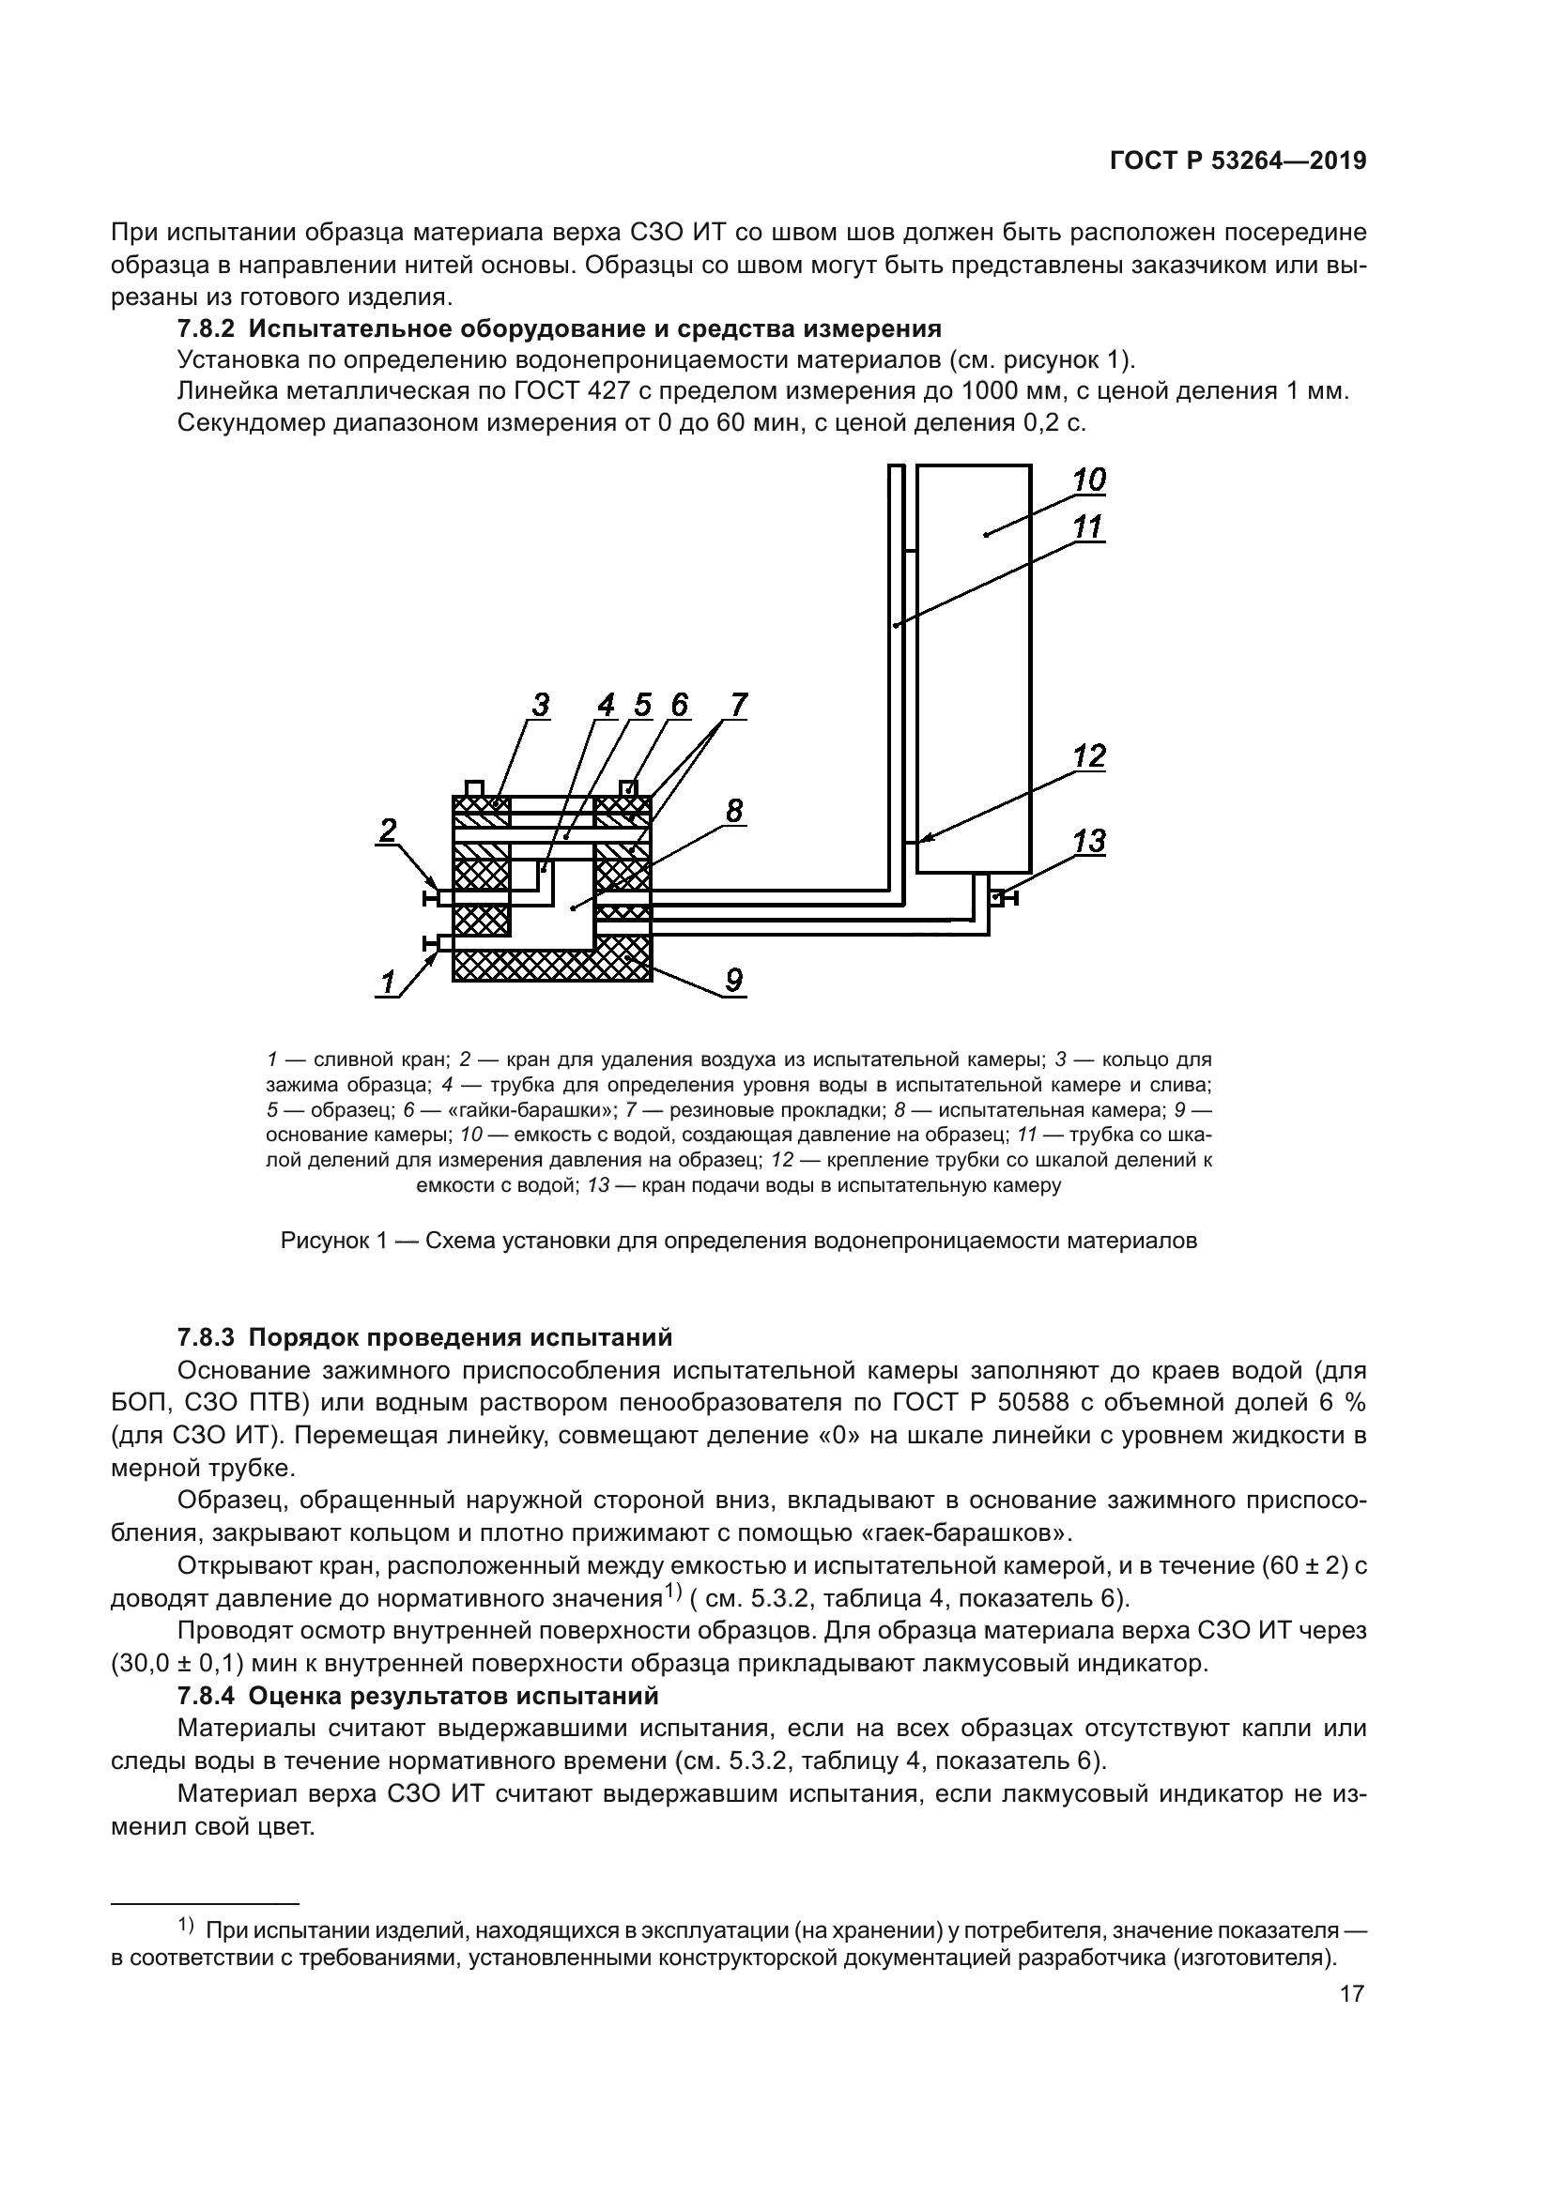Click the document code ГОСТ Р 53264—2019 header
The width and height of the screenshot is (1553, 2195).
tap(1238, 160)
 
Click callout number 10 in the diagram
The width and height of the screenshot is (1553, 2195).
tap(1088, 480)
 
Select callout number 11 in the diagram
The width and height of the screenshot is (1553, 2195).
tap(1088, 526)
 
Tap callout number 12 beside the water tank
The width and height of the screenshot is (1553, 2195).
tap(1089, 756)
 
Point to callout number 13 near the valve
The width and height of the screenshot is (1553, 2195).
tap(1089, 841)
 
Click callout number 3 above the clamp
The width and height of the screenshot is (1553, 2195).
tap(540, 706)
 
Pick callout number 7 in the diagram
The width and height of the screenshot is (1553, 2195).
tap(738, 706)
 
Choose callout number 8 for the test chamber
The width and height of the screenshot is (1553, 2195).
tap(733, 811)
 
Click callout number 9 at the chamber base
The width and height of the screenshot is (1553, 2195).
tap(733, 980)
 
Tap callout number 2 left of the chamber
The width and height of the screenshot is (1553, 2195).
tap(386, 830)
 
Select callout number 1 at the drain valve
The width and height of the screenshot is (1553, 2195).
tap(387, 982)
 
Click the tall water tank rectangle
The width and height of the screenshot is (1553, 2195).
tap(974, 669)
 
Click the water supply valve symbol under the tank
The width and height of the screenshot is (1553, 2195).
tap(1004, 898)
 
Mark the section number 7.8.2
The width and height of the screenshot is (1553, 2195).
tap(206, 328)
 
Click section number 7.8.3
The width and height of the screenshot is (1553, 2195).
tap(206, 1336)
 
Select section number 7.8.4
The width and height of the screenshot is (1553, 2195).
tap(206, 1696)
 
